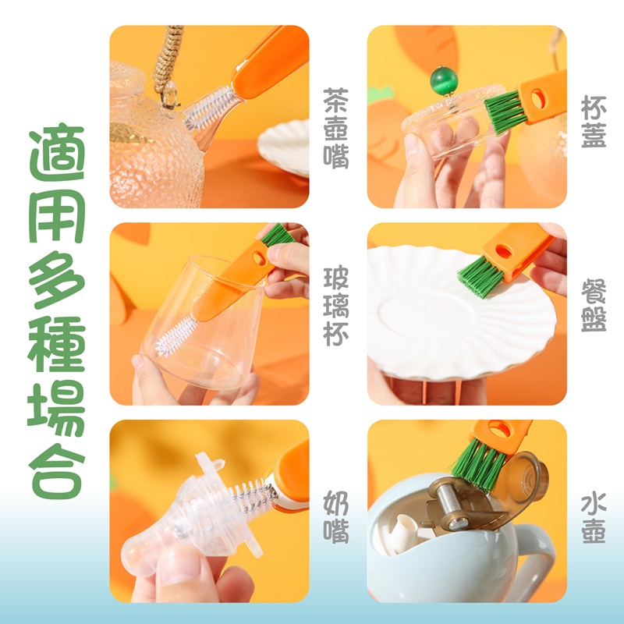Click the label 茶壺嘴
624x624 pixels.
pos(336,128)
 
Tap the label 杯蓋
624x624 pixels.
pos(594,122)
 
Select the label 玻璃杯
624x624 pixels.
pos(336,306)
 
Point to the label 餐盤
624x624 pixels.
pos(594,306)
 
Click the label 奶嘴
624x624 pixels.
pos(336,517)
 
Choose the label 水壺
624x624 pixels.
pos(594,518)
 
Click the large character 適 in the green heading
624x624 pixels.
pos(57,152)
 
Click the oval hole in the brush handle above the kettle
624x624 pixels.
pos(500,430)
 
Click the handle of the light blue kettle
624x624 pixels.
pos(535,557)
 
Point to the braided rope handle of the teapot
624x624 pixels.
pos(168,55)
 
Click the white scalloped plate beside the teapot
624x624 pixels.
pos(284,148)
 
